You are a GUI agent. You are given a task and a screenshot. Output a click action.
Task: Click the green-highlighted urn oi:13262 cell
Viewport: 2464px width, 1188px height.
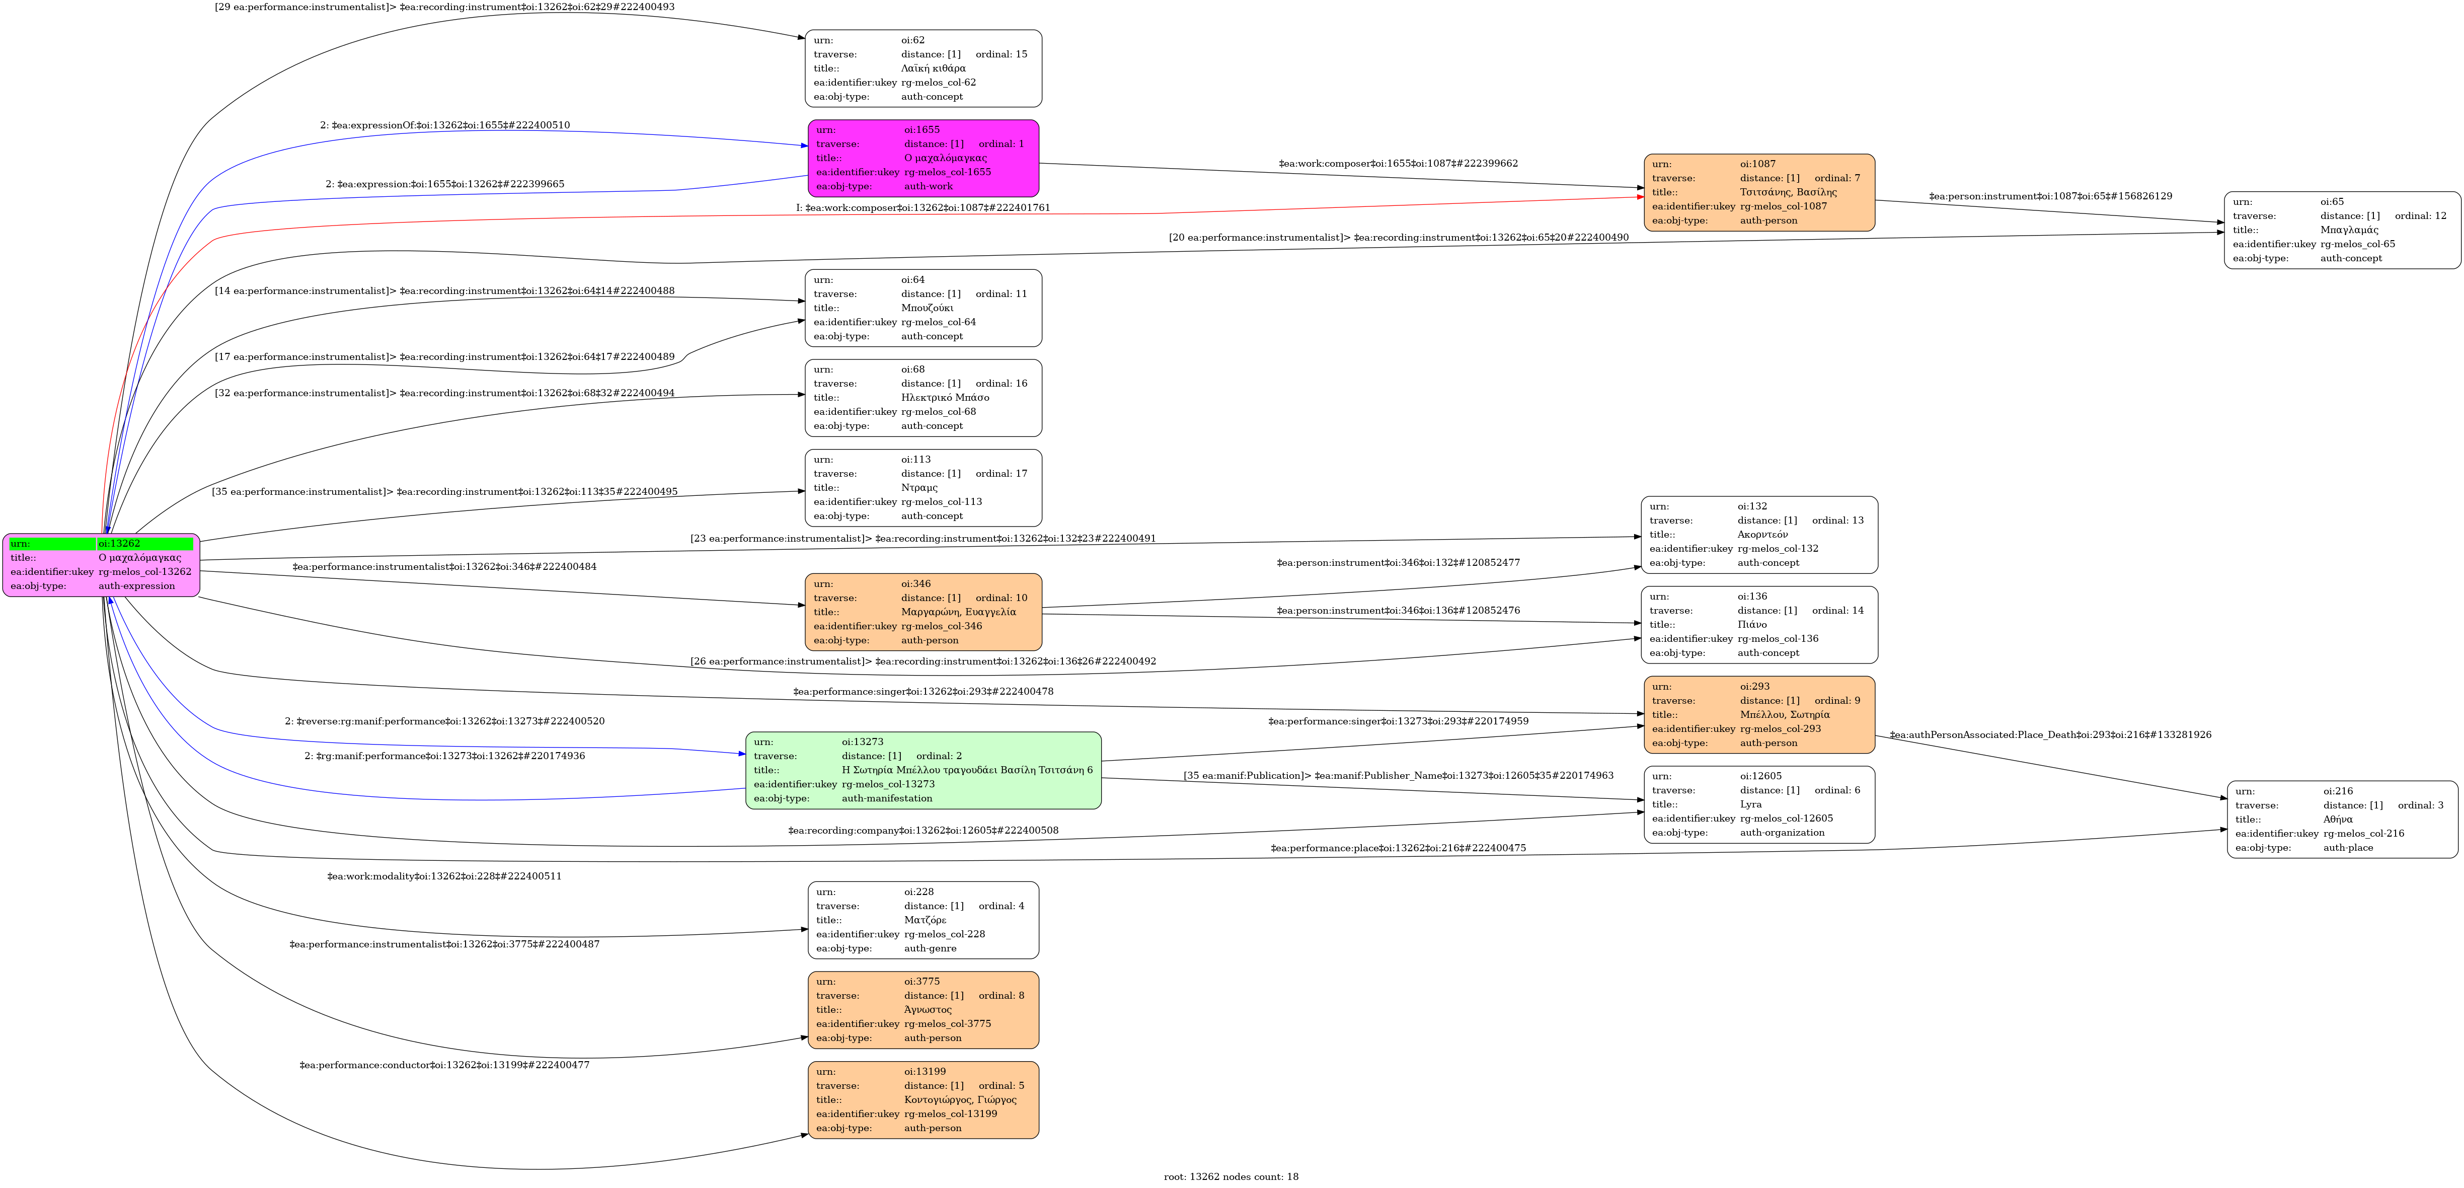click(143, 543)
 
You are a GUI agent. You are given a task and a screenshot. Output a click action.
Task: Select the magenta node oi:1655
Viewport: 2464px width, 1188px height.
click(923, 158)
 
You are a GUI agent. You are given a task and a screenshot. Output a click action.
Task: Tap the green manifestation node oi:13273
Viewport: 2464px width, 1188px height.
click(923, 770)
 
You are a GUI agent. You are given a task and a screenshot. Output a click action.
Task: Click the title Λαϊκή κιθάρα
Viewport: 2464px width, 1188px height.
click(933, 68)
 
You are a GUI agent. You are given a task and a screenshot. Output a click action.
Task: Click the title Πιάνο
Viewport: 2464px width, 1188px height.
click(1752, 625)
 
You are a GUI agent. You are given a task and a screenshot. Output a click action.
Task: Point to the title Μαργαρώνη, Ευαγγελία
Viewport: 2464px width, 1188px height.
click(958, 612)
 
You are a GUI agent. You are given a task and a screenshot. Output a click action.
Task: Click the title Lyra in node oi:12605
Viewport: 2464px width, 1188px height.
click(1750, 804)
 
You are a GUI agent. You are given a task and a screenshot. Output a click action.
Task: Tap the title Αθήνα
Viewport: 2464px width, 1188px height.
click(2338, 819)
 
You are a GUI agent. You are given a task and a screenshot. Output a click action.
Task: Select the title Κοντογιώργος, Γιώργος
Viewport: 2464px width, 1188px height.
click(959, 1100)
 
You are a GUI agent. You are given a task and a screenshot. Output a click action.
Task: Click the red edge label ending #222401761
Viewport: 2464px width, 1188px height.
click(923, 207)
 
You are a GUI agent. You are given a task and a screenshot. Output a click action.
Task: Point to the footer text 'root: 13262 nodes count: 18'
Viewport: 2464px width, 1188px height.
click(1231, 1176)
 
